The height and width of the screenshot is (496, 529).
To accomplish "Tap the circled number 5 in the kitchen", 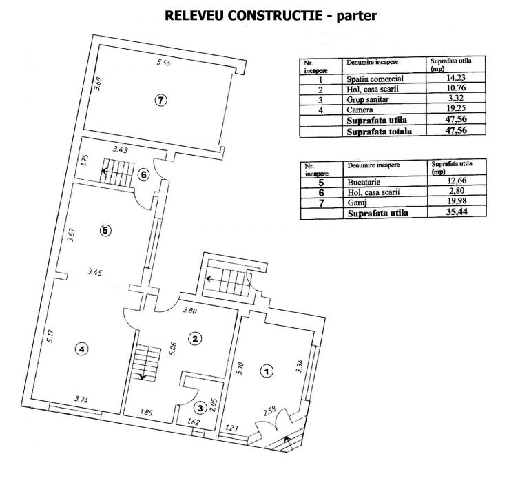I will [x=104, y=231].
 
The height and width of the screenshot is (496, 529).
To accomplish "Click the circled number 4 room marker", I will [x=82, y=350].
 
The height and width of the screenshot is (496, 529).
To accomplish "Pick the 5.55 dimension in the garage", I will [x=163, y=63].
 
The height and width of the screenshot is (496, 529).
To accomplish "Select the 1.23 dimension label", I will [x=232, y=428].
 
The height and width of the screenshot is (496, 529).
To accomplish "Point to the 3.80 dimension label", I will [x=189, y=311].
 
